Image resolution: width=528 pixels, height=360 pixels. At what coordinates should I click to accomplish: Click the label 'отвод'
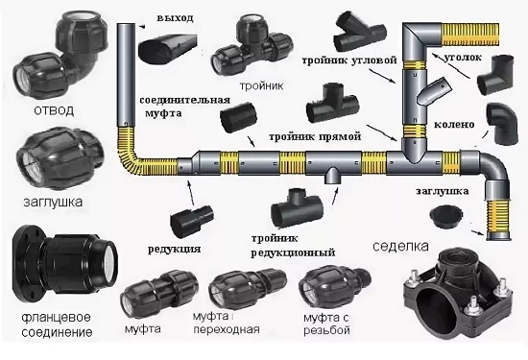[x=54, y=110]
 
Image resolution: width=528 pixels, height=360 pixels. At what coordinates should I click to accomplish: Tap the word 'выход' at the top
[x=175, y=18]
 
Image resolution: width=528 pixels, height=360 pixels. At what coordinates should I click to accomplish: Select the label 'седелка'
[x=400, y=246]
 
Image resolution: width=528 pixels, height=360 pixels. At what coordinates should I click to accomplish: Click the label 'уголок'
[x=463, y=58]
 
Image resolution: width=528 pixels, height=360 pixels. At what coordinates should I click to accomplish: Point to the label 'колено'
[x=454, y=124]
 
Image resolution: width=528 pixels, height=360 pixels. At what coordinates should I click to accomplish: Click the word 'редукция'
[x=175, y=250]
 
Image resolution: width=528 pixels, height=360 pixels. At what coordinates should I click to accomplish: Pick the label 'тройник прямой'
[x=315, y=136]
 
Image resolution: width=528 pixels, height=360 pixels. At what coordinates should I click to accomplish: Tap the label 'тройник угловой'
[x=349, y=60]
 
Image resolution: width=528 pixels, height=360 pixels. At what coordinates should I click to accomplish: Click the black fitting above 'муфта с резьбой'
[x=334, y=287]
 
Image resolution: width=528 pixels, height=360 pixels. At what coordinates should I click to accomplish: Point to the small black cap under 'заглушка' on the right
[x=447, y=217]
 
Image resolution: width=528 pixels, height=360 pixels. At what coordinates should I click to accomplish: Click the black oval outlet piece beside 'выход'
[x=167, y=46]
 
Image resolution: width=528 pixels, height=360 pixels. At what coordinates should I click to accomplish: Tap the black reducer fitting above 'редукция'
[x=192, y=220]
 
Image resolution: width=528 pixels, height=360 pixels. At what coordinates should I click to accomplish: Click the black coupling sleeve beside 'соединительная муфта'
[x=239, y=118]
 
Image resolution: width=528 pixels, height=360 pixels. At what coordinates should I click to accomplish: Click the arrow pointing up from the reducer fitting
[x=191, y=192]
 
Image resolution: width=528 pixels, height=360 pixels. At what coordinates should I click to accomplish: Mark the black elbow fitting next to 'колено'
[x=502, y=124]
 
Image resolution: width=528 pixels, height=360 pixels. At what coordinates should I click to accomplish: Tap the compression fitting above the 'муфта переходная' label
[x=248, y=289]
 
